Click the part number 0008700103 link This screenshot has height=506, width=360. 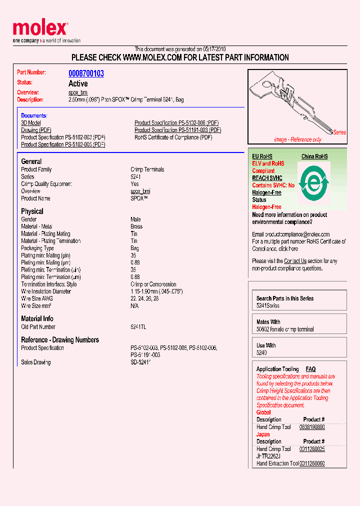(x=86, y=73)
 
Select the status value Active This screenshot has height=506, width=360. (x=78, y=83)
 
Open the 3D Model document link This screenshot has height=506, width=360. (x=31, y=123)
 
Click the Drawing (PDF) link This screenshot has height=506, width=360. (x=36, y=130)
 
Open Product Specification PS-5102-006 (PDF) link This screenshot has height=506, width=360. (x=176, y=123)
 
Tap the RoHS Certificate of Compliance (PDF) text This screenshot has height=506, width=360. (x=173, y=137)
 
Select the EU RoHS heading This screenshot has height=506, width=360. (x=262, y=156)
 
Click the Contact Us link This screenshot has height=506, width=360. (x=295, y=261)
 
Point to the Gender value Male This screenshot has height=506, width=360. (x=135, y=219)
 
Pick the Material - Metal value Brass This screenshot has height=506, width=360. (x=136, y=226)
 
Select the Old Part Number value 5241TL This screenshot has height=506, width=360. (x=138, y=327)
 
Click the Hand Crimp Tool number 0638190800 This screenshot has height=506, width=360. (x=312, y=427)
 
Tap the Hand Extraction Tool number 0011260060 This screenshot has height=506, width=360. (x=312, y=463)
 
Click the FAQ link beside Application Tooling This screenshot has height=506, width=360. (x=310, y=369)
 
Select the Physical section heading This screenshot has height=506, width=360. (x=32, y=211)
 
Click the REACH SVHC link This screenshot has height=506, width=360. (x=267, y=178)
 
